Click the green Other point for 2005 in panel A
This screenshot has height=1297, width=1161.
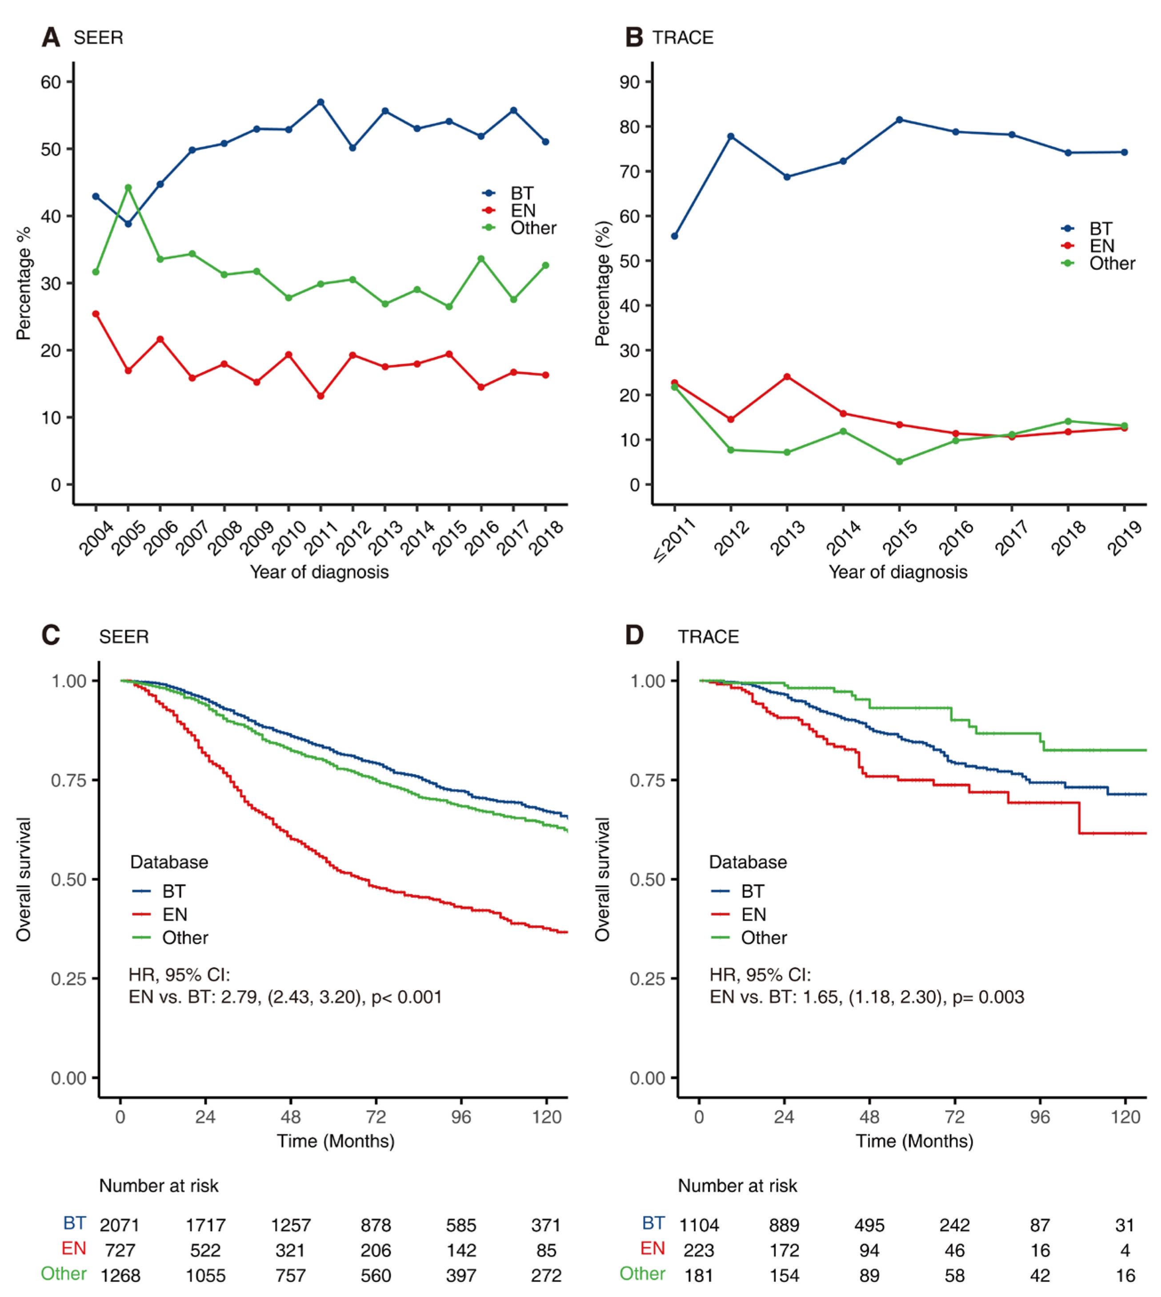tap(128, 188)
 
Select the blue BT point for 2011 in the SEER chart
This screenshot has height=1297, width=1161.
tap(320, 102)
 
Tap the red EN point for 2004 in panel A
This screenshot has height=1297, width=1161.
tap(96, 314)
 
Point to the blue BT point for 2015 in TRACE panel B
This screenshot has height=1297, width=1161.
tap(900, 119)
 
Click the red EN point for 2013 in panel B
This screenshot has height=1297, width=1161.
tap(787, 377)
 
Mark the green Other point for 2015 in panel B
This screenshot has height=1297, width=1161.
tap(900, 461)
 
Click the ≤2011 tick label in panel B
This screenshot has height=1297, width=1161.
tap(674, 540)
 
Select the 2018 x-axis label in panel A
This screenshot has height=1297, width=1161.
tap(547, 537)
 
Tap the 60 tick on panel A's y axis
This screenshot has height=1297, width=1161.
tap(51, 82)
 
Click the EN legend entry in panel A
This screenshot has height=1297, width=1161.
tap(522, 210)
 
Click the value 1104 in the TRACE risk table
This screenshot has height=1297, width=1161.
tap(699, 1225)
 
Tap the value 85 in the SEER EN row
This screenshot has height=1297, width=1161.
tap(546, 1250)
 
